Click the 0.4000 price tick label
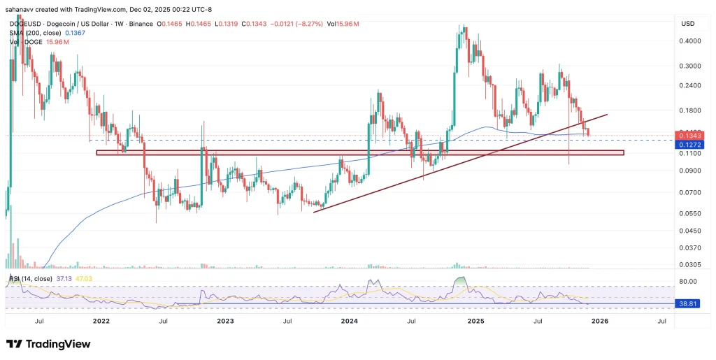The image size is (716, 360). click(x=689, y=41)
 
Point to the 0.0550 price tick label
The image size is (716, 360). click(x=689, y=213)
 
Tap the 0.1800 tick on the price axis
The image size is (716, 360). click(x=689, y=110)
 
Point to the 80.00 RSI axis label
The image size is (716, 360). click(x=689, y=281)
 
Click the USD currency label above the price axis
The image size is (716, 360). click(x=687, y=24)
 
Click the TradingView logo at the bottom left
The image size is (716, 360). click(x=48, y=344)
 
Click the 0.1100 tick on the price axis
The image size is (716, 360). click(x=689, y=153)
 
